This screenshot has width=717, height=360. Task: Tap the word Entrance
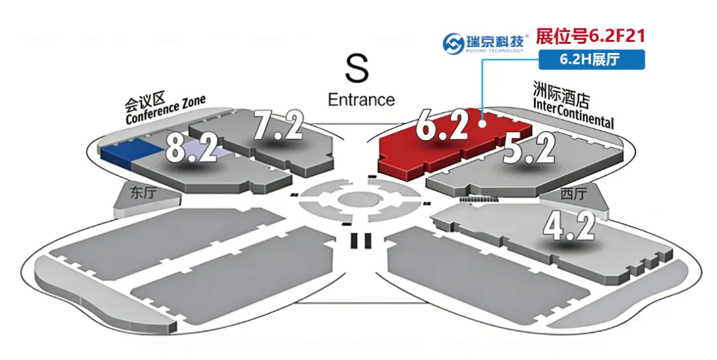point(361,100)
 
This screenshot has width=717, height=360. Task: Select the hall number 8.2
point(191,147)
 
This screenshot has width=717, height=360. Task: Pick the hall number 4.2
point(569,225)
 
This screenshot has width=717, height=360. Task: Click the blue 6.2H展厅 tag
point(590,59)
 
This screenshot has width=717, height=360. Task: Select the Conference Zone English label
point(166,111)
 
